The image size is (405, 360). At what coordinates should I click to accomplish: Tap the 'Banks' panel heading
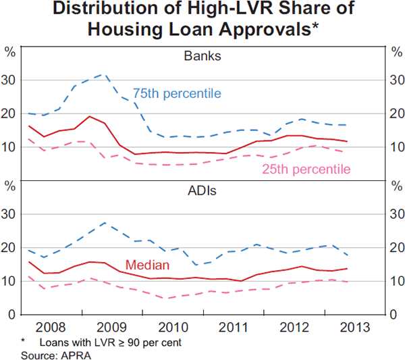202,56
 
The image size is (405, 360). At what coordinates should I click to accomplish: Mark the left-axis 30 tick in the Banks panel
10,80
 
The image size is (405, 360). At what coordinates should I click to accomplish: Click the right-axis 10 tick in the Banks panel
395,147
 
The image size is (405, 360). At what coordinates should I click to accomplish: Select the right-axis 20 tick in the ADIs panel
395,248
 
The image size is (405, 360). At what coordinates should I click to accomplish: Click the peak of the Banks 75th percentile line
101,75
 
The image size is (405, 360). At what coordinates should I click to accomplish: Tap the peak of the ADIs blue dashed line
105,222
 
